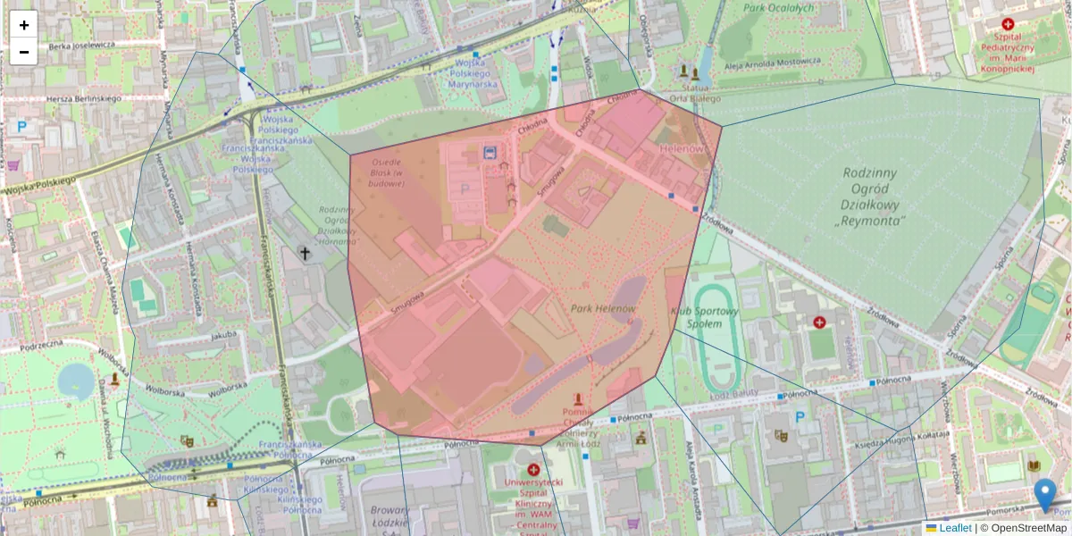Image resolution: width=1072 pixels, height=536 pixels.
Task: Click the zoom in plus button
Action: click(24, 25)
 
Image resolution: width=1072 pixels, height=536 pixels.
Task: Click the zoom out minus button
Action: click(24, 52)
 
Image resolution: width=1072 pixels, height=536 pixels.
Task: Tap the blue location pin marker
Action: click(1044, 495)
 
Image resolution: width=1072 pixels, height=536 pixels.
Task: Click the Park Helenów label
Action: click(604, 309)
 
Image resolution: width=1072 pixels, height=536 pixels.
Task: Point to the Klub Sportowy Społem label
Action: click(705, 317)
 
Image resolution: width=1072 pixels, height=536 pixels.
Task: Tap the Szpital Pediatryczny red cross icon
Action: click(1008, 25)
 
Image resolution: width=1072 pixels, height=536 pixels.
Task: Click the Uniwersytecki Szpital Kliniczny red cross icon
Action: click(533, 470)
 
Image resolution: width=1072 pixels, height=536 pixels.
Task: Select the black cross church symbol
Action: click(305, 255)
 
